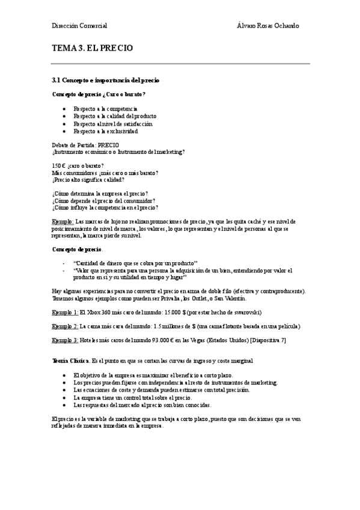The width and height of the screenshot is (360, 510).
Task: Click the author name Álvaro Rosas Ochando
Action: pos(269,25)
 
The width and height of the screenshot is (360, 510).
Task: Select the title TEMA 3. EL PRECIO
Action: pos(92,49)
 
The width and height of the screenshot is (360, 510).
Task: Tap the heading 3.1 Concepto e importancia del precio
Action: pos(106,79)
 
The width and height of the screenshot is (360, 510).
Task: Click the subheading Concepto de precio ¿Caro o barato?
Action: pos(99,94)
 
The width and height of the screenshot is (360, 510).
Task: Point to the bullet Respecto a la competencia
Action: pos(105,108)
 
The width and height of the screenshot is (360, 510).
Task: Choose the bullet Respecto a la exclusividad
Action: pos(105,131)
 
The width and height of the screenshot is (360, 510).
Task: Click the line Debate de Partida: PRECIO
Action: pos(86,145)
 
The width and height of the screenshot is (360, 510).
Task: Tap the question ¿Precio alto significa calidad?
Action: pos(88,179)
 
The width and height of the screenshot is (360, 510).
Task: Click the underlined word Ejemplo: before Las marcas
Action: pos(63,222)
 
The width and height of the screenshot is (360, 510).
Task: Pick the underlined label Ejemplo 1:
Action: pos(65,312)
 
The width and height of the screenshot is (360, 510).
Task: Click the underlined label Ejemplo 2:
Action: pos(65,326)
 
